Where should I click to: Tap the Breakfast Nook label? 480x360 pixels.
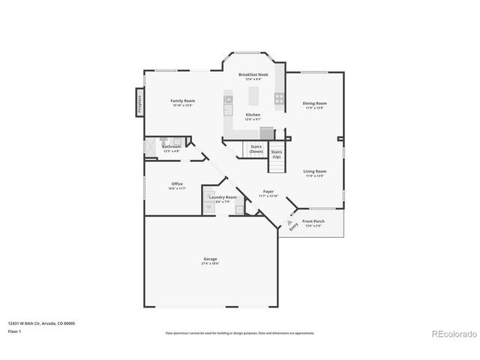(253, 75)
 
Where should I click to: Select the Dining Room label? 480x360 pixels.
(314, 103)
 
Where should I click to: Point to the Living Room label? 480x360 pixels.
(314, 171)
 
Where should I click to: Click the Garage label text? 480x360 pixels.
(209, 259)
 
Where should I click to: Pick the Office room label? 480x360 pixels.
(177, 184)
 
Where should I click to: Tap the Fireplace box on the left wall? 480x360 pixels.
(139, 103)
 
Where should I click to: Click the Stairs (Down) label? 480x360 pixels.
(256, 148)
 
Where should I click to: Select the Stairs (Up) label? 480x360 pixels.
(276, 154)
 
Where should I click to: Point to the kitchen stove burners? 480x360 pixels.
(279, 97)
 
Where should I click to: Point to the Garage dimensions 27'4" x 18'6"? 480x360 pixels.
(209, 264)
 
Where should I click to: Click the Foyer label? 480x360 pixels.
(268, 191)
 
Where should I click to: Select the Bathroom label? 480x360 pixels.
(172, 146)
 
